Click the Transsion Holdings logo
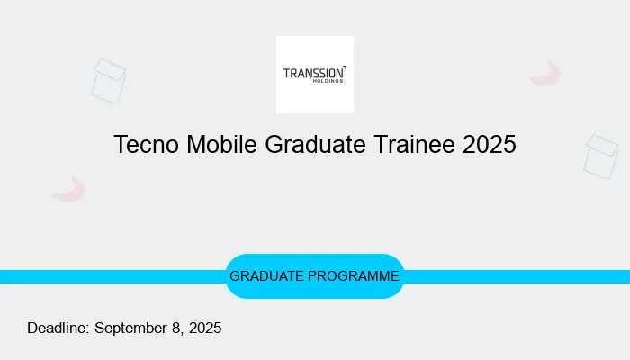(x=315, y=75)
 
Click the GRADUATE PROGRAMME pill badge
(x=314, y=276)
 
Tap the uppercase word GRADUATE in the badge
(x=267, y=276)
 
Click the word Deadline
(x=58, y=328)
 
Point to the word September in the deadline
(x=133, y=328)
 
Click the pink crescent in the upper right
(x=546, y=75)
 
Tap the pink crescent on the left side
(x=69, y=190)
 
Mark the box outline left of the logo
(x=108, y=81)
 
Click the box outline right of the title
(x=600, y=157)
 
